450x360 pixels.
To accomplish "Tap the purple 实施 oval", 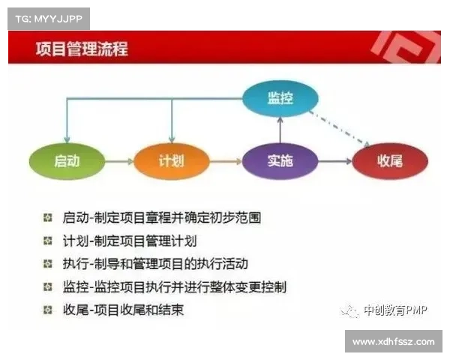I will tap(279, 160).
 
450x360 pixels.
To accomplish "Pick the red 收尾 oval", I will tap(390, 160).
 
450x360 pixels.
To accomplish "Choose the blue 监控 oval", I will tap(280, 99).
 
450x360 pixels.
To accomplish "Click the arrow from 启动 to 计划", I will tap(119, 160).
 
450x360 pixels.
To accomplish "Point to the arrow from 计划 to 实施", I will tap(224, 160).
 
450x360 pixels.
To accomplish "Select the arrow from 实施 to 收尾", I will tap(334, 160).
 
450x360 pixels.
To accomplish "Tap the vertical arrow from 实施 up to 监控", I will tap(280, 130).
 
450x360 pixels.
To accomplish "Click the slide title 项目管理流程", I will tap(82, 49).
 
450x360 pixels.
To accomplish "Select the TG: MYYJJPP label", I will tap(48, 16).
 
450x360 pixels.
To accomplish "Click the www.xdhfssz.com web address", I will tap(393, 341).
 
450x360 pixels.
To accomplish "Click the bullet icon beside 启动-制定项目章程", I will tap(47, 217).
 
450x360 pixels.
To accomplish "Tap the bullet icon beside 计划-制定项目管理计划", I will tap(47, 241).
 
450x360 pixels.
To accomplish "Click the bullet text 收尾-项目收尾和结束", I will tap(124, 309).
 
